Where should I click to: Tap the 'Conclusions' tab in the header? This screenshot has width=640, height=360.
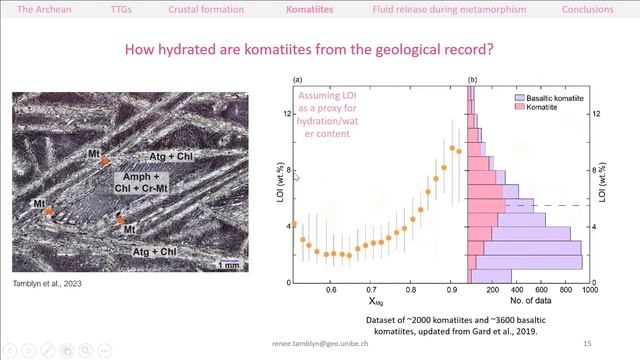click(587, 9)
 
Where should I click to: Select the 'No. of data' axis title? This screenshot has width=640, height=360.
click(528, 300)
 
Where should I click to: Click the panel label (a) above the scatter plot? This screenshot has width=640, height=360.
click(297, 79)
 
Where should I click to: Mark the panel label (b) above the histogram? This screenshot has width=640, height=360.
click(471, 79)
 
